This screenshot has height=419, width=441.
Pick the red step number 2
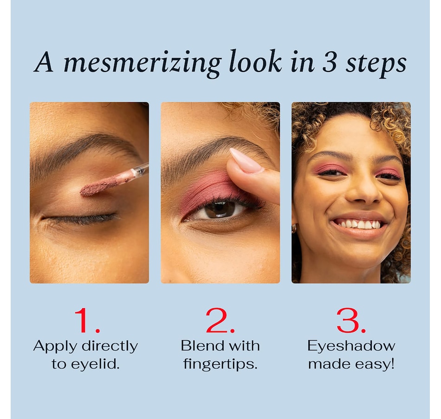point(220,320)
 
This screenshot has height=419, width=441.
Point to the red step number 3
point(351,321)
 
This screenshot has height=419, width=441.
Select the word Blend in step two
point(200,346)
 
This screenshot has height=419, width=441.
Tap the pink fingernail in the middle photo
point(245,161)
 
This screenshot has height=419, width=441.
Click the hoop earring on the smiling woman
point(294,229)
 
